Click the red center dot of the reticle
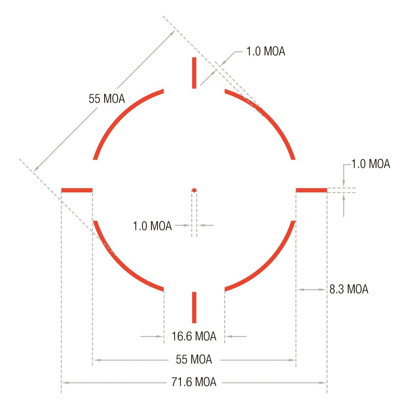click(x=194, y=190)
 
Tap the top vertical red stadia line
click(x=194, y=73)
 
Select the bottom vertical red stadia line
click(x=194, y=307)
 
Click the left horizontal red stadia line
click(x=77, y=190)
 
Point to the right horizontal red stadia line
click(x=312, y=190)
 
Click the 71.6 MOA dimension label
click(x=194, y=382)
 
